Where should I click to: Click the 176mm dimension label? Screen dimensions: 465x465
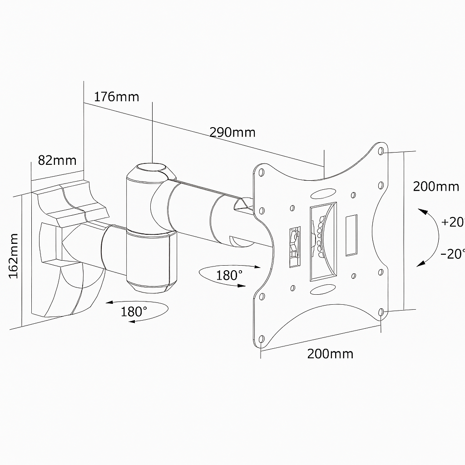[116, 97]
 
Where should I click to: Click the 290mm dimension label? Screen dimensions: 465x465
[232, 132]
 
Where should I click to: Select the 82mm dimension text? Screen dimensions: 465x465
[57, 160]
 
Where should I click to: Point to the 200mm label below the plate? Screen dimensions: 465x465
[330, 354]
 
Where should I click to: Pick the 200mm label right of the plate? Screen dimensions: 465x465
[435, 186]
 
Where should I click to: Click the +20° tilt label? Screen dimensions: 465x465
[452, 222]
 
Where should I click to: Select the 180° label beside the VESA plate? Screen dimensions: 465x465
[229, 275]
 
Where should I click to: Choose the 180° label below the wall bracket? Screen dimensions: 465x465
[134, 312]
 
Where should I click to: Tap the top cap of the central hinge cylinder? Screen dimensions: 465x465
[151, 168]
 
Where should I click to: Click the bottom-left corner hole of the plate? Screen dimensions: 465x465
[261, 339]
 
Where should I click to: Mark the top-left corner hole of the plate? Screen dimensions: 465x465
[261, 173]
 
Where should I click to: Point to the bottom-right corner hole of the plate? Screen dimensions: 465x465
[381, 312]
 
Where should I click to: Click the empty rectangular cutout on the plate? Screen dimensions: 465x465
[351, 235]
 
